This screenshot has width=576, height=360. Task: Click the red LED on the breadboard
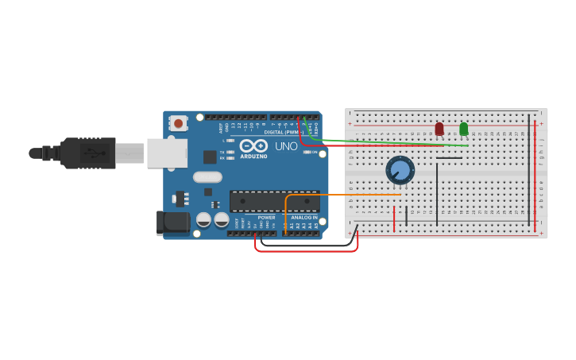(439, 128)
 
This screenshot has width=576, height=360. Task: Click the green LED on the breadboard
(464, 128)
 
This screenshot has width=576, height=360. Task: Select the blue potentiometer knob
(400, 170)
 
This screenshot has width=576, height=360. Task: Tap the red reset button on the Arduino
(178, 123)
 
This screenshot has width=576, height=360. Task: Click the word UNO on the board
(286, 146)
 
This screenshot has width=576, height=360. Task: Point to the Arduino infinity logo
(253, 145)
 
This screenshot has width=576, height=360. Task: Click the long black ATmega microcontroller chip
(274, 201)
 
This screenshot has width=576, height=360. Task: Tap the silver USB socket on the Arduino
(167, 153)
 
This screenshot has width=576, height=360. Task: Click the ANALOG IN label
(304, 217)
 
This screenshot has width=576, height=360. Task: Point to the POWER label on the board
(266, 217)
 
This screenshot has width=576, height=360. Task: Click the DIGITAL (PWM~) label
(283, 132)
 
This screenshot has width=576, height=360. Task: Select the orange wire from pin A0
(342, 194)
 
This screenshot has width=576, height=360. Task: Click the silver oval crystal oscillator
(207, 177)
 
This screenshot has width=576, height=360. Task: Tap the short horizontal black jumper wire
(449, 157)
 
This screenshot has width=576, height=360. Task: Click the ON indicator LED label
(315, 152)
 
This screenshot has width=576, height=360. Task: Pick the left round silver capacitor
(203, 219)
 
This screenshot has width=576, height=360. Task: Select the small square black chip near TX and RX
(210, 157)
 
